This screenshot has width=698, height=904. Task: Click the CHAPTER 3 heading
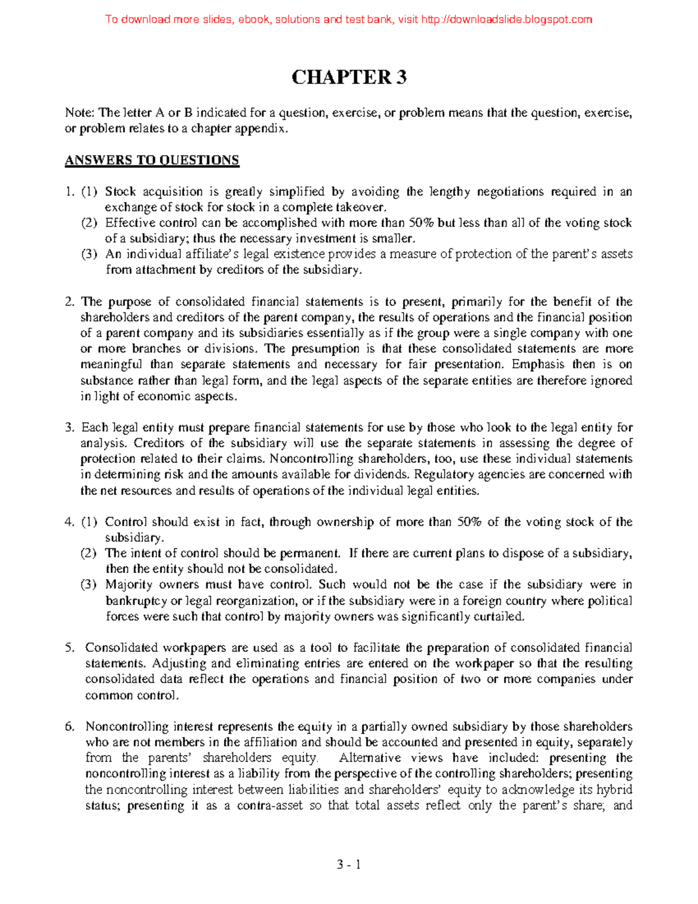tap(348, 77)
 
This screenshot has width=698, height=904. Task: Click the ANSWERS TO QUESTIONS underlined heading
tap(152, 160)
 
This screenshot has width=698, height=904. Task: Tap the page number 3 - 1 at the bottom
tap(348, 864)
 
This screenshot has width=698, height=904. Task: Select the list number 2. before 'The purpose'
tap(70, 302)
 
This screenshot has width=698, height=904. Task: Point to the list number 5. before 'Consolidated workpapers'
tap(70, 647)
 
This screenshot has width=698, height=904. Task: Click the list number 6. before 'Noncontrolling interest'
tap(70, 726)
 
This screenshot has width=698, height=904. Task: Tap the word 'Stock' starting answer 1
tap(120, 192)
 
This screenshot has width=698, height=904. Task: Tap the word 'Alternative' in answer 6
tap(370, 758)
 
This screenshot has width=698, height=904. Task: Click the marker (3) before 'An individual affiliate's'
tap(89, 254)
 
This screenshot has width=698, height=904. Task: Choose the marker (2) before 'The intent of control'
tap(89, 553)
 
